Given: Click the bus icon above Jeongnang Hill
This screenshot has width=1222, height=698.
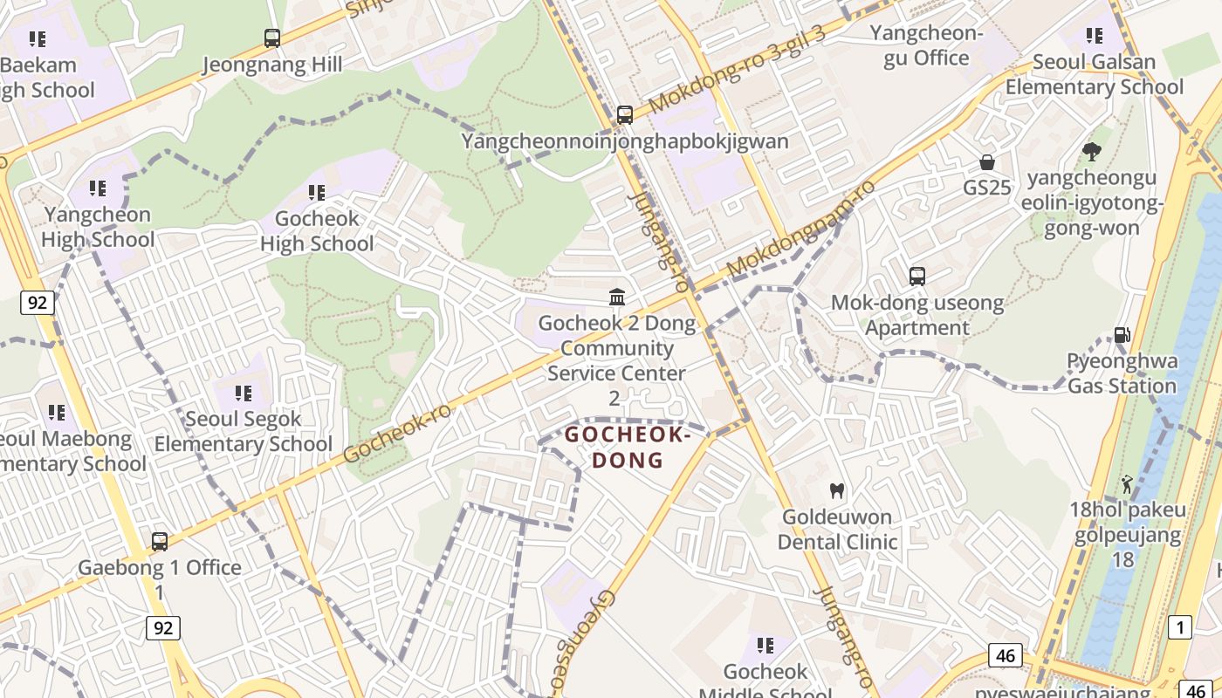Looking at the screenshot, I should [272, 38].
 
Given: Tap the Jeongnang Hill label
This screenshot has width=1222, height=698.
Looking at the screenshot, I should [272, 65].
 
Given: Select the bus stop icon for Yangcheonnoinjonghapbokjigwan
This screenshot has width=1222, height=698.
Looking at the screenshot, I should [624, 114].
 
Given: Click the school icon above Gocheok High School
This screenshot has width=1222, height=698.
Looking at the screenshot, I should [316, 192].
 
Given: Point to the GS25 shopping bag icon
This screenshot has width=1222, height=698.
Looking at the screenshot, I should [987, 162].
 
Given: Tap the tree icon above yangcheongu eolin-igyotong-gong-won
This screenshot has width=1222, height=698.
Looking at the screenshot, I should [1091, 152].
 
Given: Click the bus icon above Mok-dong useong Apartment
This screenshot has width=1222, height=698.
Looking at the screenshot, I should [916, 277].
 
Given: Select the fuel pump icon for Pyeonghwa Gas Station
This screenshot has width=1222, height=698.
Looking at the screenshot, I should [1122, 335].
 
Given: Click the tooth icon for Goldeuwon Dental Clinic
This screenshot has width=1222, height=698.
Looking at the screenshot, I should [836, 491].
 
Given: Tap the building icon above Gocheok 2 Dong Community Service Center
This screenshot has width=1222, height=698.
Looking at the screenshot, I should [617, 298].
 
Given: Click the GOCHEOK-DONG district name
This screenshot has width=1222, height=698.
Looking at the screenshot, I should [628, 447].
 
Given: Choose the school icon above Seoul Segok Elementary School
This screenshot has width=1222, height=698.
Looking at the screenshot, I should [243, 393].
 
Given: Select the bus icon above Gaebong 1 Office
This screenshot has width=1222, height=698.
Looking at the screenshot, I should [159, 542].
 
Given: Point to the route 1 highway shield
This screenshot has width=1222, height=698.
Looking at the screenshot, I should [1179, 626].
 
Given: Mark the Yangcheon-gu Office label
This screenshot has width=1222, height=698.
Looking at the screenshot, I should [926, 45].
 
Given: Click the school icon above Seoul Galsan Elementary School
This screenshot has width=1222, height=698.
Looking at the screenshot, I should [1094, 36].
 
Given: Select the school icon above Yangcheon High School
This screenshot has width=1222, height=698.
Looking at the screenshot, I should [98, 188].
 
